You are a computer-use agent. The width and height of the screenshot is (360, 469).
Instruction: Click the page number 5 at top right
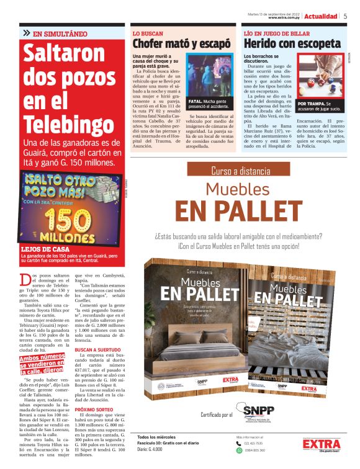coord(345,16)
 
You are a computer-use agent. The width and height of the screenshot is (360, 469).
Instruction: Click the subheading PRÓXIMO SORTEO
coord(97,411)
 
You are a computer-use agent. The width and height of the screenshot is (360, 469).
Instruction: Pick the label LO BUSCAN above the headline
coord(146,32)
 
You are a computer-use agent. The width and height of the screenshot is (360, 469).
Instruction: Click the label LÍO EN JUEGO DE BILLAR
coord(274,32)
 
